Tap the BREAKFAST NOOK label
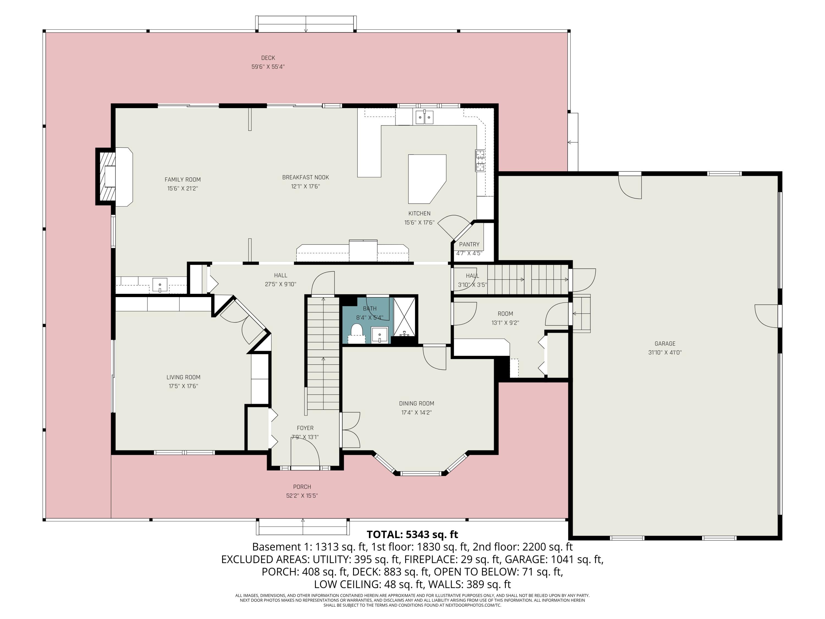(x=306, y=177)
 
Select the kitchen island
(x=427, y=179)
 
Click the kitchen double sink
(x=424, y=117)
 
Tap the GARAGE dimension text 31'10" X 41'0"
(x=665, y=352)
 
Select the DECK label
(x=268, y=58)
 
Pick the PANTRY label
(x=469, y=244)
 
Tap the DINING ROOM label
(x=416, y=403)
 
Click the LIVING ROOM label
(x=183, y=377)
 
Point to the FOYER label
(x=305, y=428)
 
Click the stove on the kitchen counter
(x=480, y=160)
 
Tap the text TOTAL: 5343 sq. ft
(x=412, y=535)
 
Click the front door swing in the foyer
(x=305, y=451)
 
